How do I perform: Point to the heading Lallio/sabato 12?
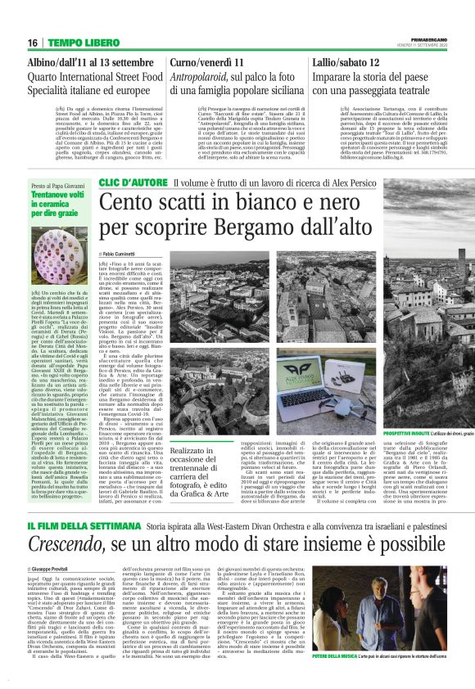point(351,62)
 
